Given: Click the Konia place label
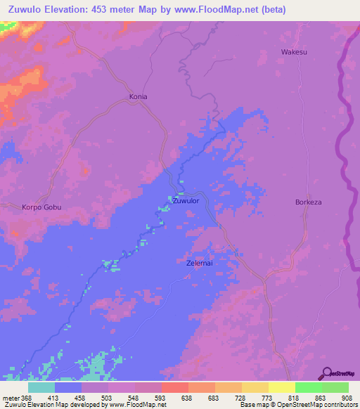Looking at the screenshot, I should point(138,96).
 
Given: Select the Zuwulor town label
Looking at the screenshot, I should point(186,201).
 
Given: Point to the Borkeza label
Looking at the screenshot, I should point(308,202).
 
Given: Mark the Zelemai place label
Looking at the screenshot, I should point(200,264).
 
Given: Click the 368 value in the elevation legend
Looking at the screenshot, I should point(27,397).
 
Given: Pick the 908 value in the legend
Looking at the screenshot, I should point(345,397).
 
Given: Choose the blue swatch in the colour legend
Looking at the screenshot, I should point(68,387).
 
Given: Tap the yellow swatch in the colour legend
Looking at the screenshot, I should point(281,387).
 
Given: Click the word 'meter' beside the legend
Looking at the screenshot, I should point(10,397).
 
